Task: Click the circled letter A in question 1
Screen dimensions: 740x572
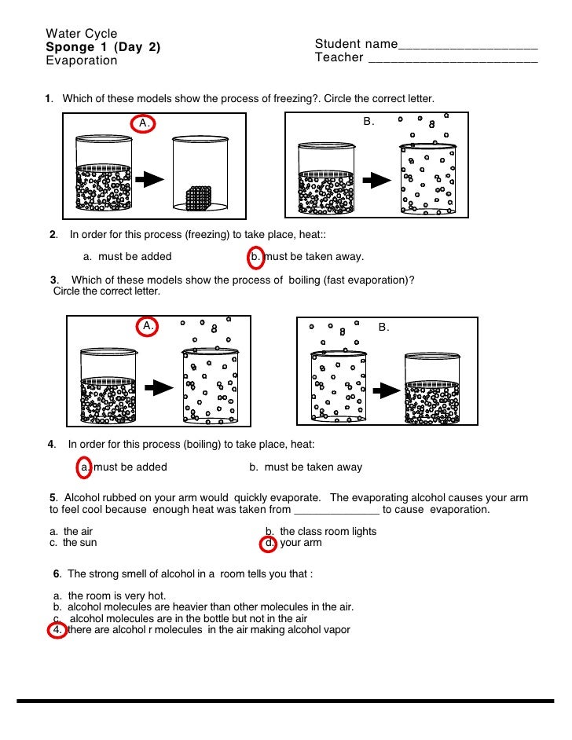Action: [x=143, y=123]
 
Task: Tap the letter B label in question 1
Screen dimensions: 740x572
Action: [x=368, y=122]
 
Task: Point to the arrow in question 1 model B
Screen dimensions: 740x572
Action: [x=379, y=180]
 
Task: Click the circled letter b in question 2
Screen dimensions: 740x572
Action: [x=255, y=256]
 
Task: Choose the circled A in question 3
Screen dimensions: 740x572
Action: [x=148, y=326]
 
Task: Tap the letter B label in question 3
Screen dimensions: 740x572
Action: [x=384, y=326]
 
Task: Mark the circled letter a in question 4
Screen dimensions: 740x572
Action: [x=85, y=467]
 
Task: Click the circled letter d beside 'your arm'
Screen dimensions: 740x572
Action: [x=269, y=543]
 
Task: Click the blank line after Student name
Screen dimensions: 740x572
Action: [x=468, y=44]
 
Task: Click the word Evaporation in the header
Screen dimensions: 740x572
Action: [x=81, y=60]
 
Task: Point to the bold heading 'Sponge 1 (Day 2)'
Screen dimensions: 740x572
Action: [x=103, y=47]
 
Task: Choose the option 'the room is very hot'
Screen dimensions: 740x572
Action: [x=116, y=595]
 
